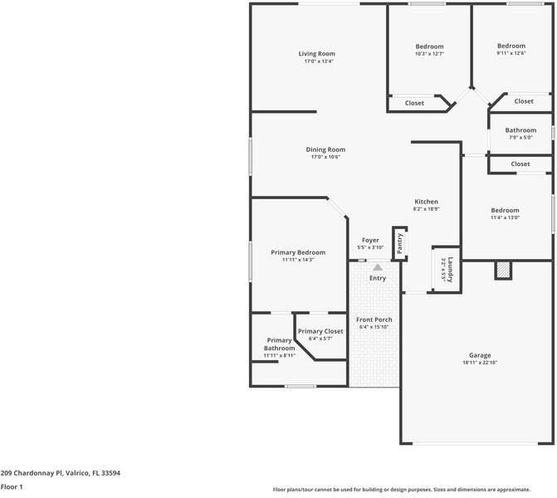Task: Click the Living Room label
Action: tap(316, 54)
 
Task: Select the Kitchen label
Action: tap(426, 202)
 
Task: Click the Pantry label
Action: tap(400, 243)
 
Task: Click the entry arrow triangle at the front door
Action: tap(378, 267)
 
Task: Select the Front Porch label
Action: tap(374, 320)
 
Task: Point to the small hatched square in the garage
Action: tap(501, 270)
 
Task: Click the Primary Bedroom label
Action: tap(298, 252)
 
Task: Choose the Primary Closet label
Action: tap(320, 331)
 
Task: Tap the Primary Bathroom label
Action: tap(280, 344)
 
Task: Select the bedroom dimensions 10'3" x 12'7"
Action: tap(429, 54)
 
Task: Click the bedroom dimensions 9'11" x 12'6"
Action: tap(511, 53)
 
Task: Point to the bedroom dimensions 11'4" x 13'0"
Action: tap(505, 217)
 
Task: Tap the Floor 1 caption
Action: tap(12, 487)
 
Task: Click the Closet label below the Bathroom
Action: tap(520, 164)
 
